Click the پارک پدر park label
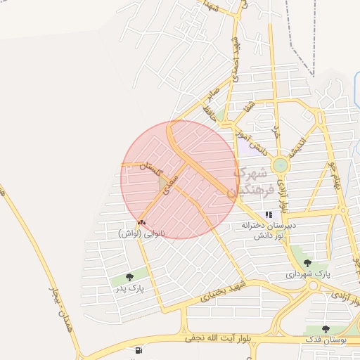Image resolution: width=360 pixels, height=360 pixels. (x=129, y=288)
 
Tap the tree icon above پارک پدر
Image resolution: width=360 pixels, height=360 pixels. (x=129, y=277)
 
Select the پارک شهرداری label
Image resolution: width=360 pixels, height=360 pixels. (x=308, y=274)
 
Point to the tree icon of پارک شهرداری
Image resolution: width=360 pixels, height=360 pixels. (x=307, y=263)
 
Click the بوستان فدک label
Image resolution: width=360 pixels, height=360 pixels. (x=325, y=340)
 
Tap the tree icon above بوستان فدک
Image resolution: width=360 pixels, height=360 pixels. (x=325, y=328)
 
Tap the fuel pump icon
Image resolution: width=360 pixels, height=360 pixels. (x=136, y=349)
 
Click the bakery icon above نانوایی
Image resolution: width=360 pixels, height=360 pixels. (x=141, y=222)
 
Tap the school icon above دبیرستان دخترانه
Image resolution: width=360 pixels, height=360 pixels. (x=268, y=214)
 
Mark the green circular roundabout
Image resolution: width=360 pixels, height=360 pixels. (x=281, y=166)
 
